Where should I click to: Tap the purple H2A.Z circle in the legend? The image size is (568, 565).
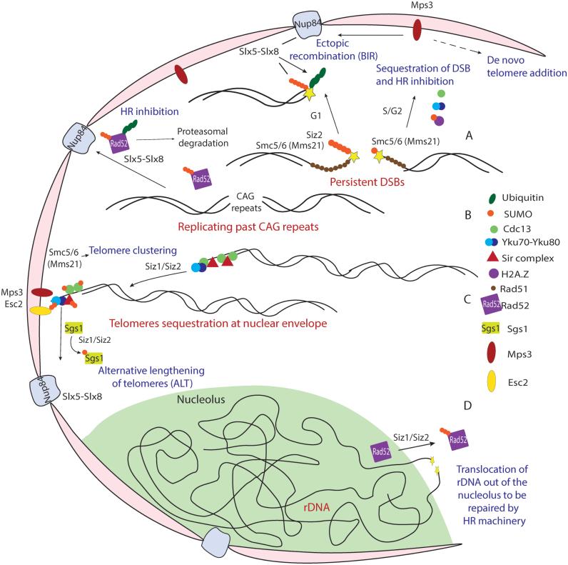point(467,272)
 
